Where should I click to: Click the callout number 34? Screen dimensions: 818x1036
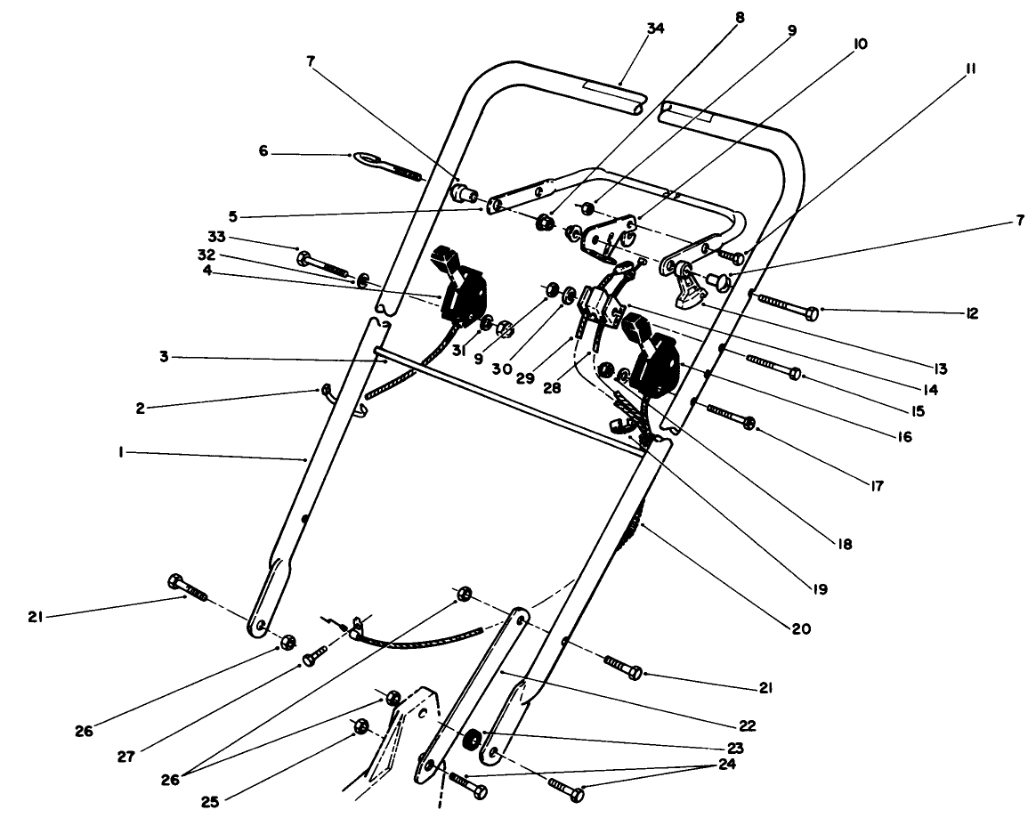[655, 28]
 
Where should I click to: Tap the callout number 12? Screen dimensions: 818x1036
[972, 313]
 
